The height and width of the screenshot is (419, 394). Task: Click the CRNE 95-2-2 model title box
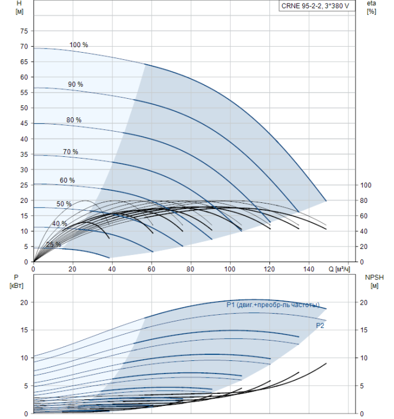coord(317,6)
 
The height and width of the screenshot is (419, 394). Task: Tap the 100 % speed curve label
coord(78,45)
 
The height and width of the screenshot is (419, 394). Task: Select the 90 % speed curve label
coord(75,84)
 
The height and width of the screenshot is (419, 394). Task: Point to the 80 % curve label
coord(74,120)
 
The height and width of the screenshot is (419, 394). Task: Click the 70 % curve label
coord(71,152)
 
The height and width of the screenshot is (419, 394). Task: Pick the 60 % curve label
coord(67,180)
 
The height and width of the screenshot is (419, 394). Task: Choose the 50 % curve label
coord(64,204)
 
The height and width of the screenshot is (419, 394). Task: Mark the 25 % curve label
coord(53,244)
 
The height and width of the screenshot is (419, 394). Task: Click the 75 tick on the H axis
coord(24,31)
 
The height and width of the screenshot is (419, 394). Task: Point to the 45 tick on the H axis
coord(24,123)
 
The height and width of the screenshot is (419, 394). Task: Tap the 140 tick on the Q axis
coord(309,269)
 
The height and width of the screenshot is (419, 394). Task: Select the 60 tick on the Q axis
coord(151,269)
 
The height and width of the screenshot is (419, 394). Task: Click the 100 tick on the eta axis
coord(366,185)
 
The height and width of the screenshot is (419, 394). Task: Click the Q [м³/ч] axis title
coord(339,269)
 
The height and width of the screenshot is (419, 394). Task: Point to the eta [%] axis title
coord(372,7)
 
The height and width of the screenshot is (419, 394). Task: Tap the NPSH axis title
coord(374,282)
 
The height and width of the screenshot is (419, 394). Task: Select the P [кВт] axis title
coord(16,282)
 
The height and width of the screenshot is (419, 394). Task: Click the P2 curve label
coord(320,326)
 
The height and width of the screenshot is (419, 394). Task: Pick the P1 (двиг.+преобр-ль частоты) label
coord(273,305)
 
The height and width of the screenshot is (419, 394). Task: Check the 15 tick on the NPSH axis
coord(363,330)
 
